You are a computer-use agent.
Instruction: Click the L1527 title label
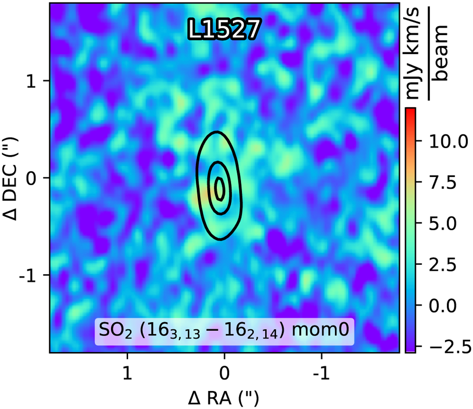pyautogui.click(x=224, y=29)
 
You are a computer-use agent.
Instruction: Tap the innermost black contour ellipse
pyautogui.click(x=220, y=188)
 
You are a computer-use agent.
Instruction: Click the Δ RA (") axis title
pyautogui.click(x=224, y=398)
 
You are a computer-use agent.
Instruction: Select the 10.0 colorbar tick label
pyautogui.click(x=443, y=141)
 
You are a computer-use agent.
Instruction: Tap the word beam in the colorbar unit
pyautogui.click(x=441, y=52)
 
